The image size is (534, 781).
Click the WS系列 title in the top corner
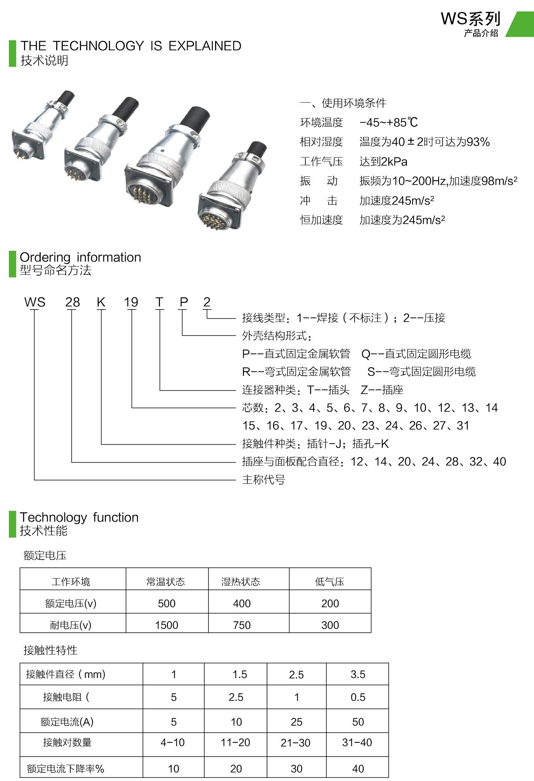point(470,19)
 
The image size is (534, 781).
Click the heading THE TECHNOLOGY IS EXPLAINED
point(131,46)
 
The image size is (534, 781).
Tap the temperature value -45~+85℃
point(389,122)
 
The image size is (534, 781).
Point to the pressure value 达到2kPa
point(383,161)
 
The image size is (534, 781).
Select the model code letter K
point(101,302)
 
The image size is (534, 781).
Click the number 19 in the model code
point(131,302)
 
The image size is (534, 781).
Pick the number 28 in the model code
point(72,302)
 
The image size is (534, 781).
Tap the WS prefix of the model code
point(35,302)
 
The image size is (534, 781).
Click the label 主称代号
point(264,480)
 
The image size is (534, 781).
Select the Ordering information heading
point(80,257)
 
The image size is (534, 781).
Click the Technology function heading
point(79,517)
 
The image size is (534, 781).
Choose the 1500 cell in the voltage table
point(167,625)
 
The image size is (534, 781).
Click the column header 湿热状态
point(241,582)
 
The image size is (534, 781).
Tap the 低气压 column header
point(330,582)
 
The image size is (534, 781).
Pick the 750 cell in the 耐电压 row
point(242,625)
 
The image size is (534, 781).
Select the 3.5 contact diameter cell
point(358,675)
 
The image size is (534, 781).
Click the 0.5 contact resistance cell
point(358,697)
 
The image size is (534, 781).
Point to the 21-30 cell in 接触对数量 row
point(296,743)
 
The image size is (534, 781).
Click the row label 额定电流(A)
point(67,721)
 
